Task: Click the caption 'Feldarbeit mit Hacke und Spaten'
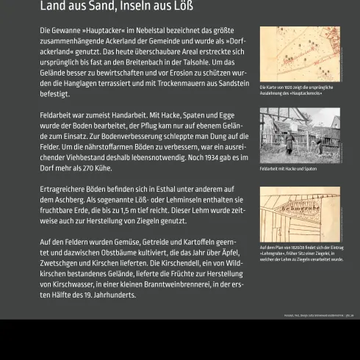288,169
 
